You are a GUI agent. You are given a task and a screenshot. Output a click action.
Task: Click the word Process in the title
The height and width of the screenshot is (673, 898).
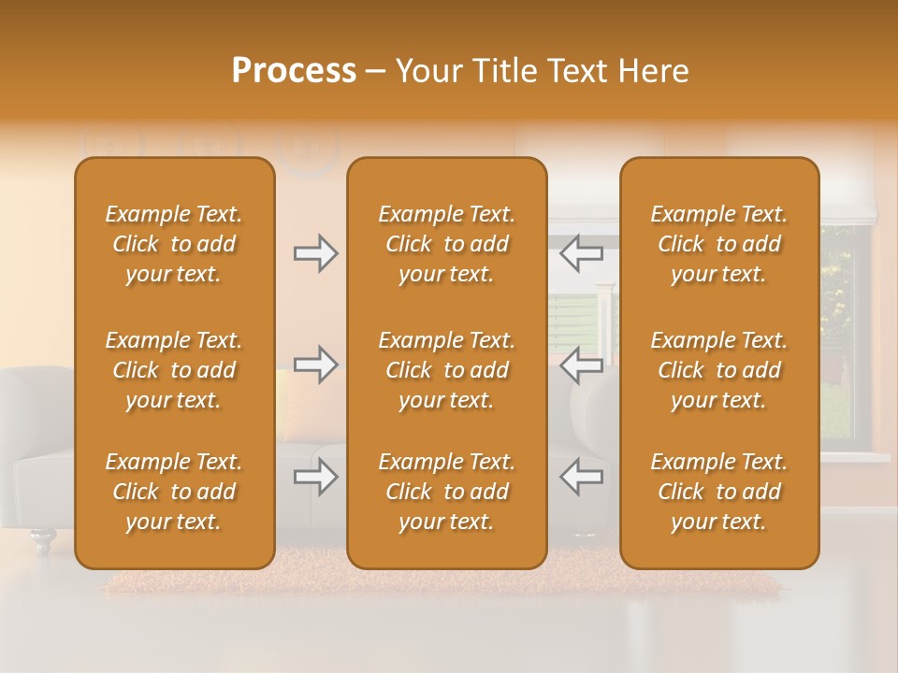(x=294, y=71)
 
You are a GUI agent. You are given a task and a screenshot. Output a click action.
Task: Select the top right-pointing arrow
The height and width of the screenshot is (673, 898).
(x=315, y=253)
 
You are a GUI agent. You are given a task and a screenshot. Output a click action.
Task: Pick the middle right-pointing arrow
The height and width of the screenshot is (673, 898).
(x=315, y=365)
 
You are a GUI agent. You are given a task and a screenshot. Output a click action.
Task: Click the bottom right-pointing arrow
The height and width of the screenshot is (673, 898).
(x=315, y=477)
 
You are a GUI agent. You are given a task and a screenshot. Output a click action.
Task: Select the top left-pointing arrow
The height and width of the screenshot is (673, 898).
(x=582, y=253)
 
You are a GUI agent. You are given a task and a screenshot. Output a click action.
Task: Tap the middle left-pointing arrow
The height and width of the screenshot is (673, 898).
(x=582, y=365)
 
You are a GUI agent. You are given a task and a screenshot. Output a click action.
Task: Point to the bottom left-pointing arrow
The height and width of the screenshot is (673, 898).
(x=582, y=477)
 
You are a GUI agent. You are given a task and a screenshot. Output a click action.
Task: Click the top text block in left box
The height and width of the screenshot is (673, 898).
(x=174, y=244)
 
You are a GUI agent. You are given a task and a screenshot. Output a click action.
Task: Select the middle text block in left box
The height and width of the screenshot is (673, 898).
(x=174, y=370)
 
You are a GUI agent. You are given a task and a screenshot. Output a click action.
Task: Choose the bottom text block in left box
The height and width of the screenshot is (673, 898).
(x=174, y=492)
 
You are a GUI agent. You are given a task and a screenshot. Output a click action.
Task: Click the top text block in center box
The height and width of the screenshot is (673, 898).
(x=447, y=244)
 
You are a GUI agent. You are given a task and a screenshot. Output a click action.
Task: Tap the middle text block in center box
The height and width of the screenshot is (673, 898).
(x=447, y=370)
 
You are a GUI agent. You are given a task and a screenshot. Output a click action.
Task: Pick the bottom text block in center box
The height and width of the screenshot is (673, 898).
(x=447, y=492)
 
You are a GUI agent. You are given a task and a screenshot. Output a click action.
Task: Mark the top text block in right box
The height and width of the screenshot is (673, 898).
(x=719, y=244)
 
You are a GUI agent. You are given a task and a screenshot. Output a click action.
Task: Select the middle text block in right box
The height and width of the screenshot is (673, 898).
(x=719, y=370)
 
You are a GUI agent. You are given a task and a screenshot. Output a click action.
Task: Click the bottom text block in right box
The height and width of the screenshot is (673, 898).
(x=719, y=492)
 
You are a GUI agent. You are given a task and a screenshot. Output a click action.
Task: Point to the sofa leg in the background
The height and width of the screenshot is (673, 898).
(x=42, y=540)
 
